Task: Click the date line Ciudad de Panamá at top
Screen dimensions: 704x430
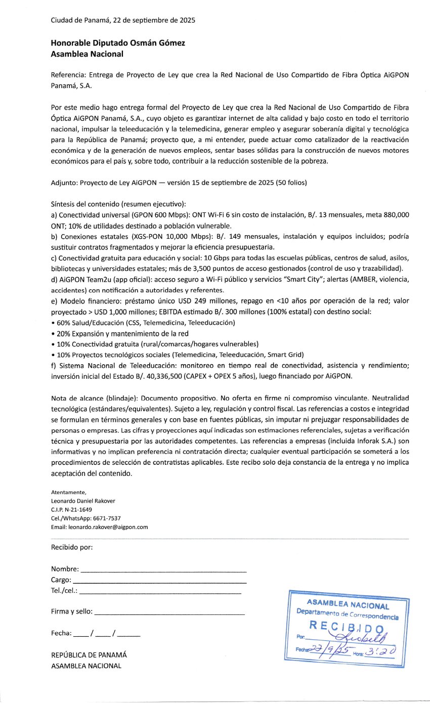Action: [x=123, y=21]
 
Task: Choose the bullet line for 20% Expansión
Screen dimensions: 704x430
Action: [x=120, y=333]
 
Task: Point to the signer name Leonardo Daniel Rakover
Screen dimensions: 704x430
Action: [x=83, y=501]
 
